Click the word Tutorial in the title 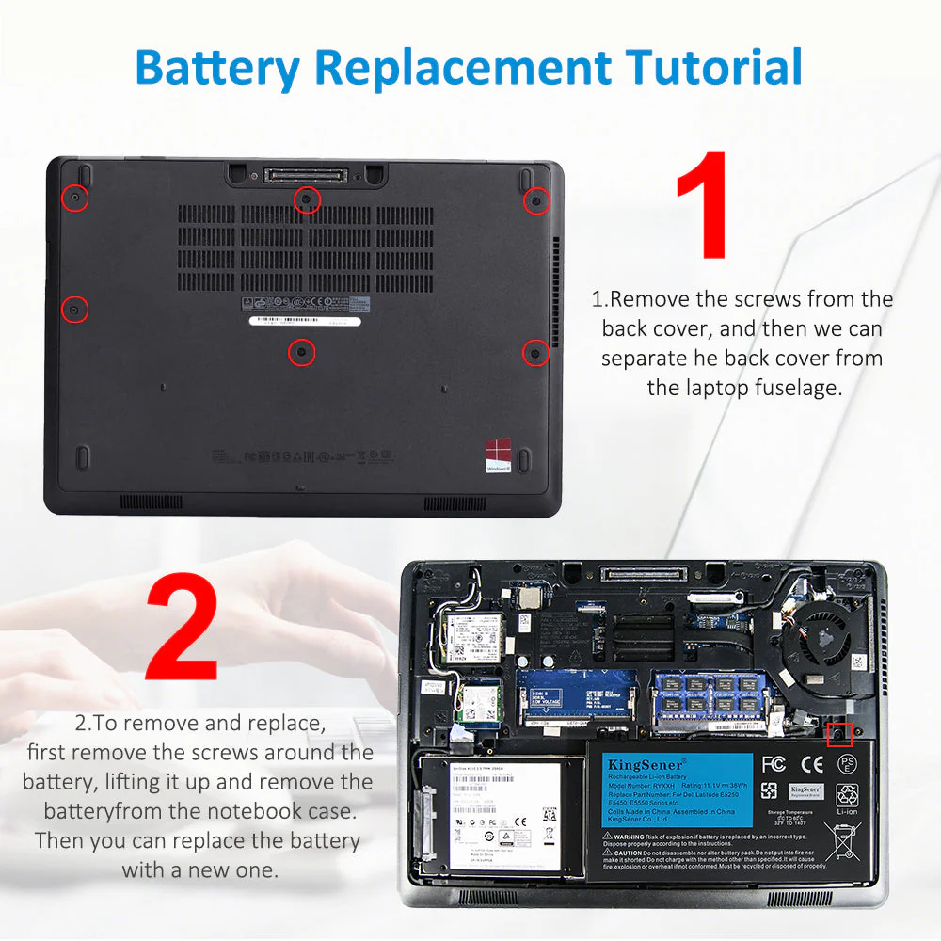pos(715,68)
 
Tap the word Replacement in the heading pos(461,68)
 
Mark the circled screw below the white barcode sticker pos(301,352)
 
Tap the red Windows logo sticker pos(498,455)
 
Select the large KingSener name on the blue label pos(644,762)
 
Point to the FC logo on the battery pos(774,763)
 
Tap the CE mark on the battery pos(811,763)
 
